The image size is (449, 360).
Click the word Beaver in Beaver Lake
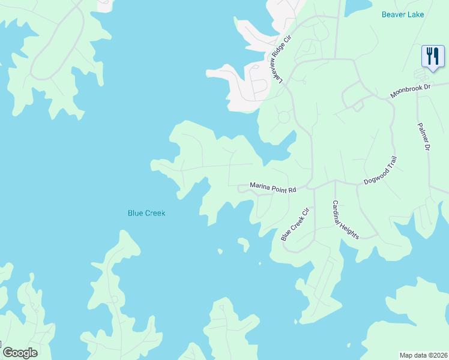click(395, 14)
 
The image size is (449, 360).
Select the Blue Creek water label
click(146, 213)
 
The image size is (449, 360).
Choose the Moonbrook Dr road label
click(411, 91)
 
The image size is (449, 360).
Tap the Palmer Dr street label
click(424, 137)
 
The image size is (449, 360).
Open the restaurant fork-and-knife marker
click(432, 57)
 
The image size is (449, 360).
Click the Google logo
click(20, 353)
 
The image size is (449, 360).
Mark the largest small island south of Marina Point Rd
click(243, 244)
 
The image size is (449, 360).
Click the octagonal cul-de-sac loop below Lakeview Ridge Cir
click(283, 118)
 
